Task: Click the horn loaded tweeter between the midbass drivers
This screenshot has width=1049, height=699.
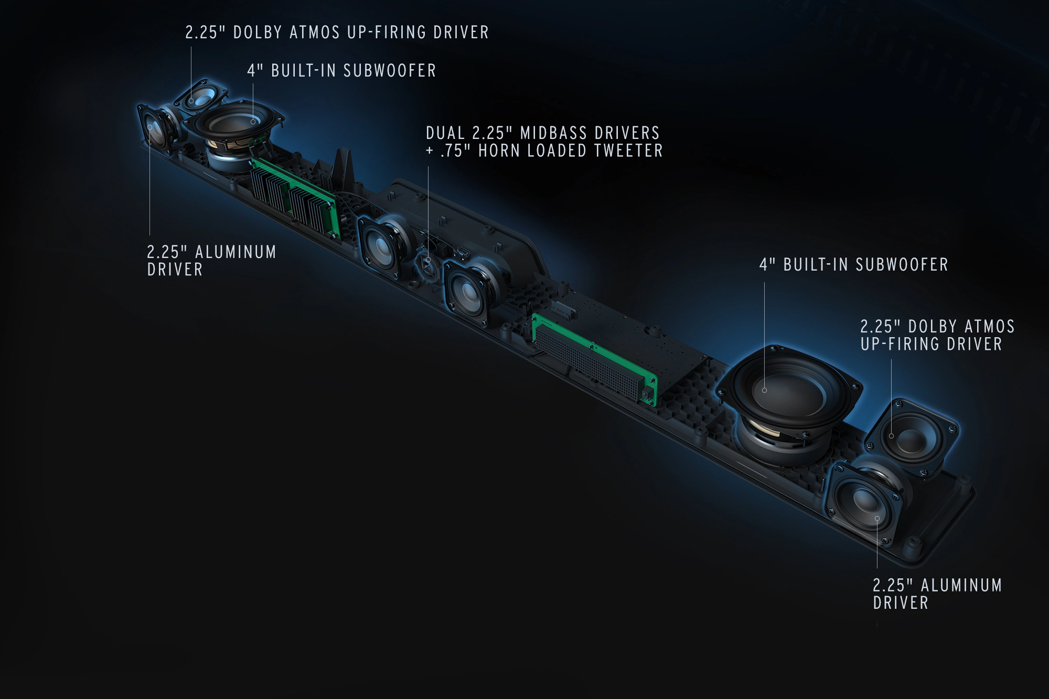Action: coord(428,261)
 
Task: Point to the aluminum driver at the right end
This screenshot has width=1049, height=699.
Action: coord(865,503)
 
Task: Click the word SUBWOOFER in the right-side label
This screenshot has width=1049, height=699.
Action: coord(902,265)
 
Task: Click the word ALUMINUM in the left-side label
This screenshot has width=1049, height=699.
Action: coord(236,252)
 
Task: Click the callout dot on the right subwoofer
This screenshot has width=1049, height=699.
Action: coord(764,390)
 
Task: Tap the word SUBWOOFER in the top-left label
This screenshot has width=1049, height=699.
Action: coord(390,71)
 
